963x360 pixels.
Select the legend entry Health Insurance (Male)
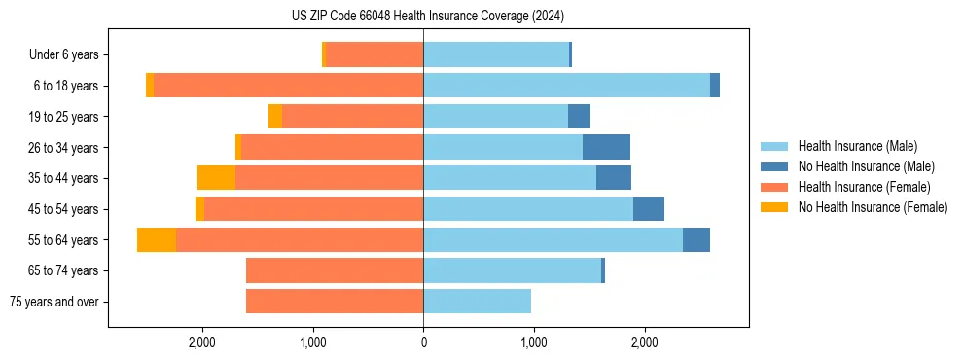(x=857, y=146)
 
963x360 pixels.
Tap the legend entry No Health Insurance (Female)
(x=873, y=207)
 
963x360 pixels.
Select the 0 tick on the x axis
(x=423, y=342)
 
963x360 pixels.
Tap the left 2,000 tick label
(x=201, y=342)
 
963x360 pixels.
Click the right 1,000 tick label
(x=533, y=342)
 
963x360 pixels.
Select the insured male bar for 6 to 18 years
(x=566, y=86)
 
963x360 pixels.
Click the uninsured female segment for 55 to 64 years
(x=157, y=239)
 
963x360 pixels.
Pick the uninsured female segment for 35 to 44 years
(x=216, y=178)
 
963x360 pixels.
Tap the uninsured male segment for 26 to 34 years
(x=606, y=147)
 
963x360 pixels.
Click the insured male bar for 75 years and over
(x=477, y=302)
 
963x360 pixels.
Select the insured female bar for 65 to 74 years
(x=335, y=270)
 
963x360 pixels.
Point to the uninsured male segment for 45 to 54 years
(x=649, y=209)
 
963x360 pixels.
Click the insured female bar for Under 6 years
(x=374, y=54)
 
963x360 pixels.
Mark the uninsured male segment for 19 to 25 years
(x=579, y=117)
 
